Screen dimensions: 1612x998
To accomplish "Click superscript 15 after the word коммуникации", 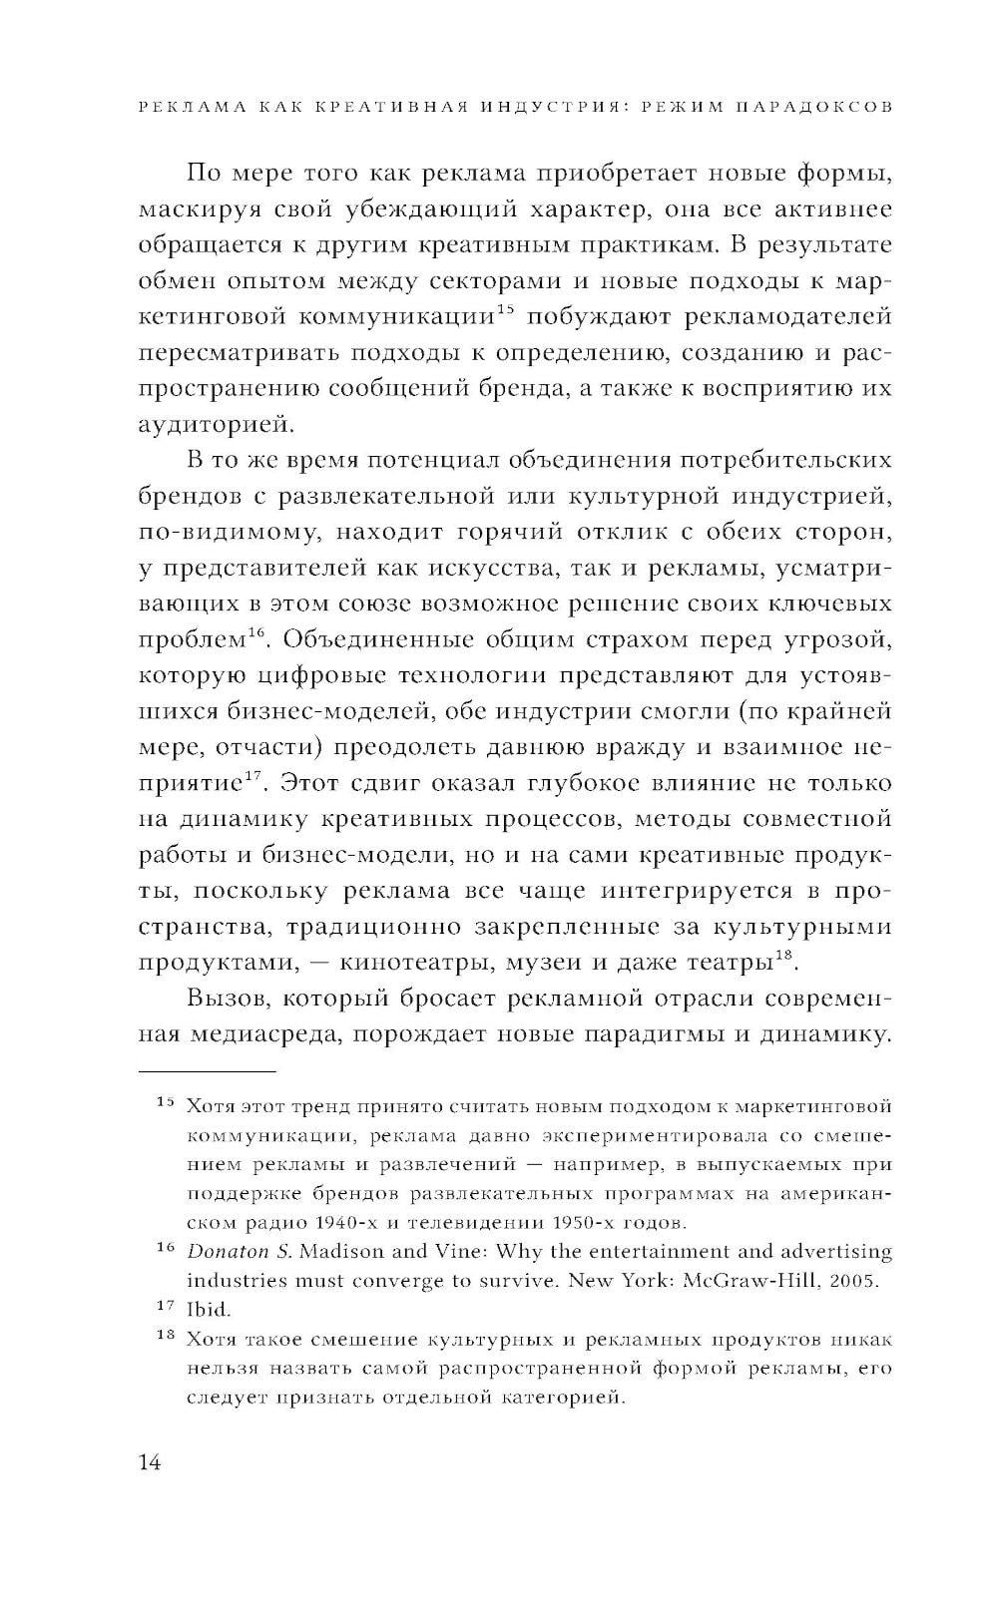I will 504,310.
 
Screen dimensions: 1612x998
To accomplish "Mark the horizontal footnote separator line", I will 206,1071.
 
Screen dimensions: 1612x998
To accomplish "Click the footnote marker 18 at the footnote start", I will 166,1337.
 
